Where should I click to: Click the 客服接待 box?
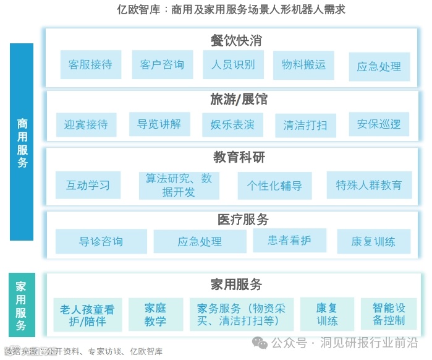tap(90, 64)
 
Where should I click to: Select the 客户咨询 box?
tap(162, 64)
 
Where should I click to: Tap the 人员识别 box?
tap(233, 64)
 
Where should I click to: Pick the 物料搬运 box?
tap(303, 64)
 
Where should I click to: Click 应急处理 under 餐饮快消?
tap(379, 66)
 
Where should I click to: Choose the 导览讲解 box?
tap(159, 124)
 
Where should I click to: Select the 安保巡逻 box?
tap(379, 124)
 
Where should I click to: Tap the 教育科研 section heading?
tap(239, 157)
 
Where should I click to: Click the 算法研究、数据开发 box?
tap(179, 185)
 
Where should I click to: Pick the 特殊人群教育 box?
tap(369, 185)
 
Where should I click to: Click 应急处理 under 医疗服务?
tap(200, 242)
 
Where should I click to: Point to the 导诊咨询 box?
tap(101, 241)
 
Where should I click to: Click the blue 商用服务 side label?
tap(22, 142)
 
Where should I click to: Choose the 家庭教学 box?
tap(156, 314)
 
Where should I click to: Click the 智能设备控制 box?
tap(389, 314)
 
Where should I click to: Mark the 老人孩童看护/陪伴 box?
tap(88, 315)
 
